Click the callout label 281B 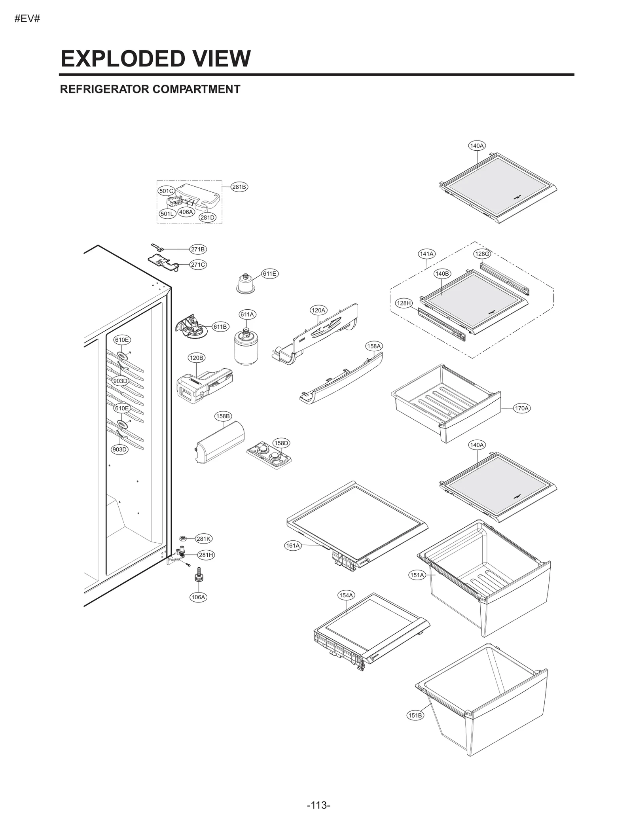239,187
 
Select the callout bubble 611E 269,273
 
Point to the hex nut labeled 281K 183,538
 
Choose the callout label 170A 521,408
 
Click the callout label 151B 415,715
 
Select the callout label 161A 293,546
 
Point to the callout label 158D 281,443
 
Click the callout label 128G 482,254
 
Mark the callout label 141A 426,254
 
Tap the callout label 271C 198,265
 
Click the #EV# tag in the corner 27,19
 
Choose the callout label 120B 196,358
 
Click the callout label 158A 373,346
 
